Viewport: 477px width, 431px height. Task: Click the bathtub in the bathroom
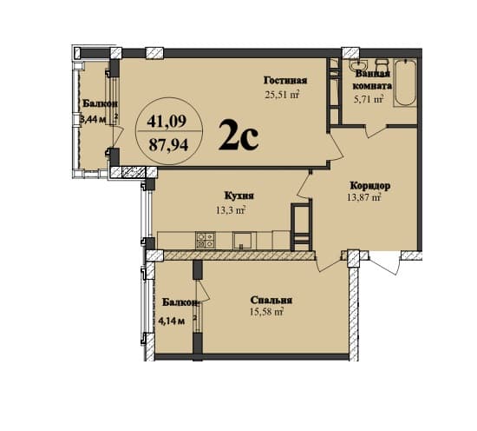click(x=404, y=83)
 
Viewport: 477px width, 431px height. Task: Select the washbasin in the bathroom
click(x=357, y=65)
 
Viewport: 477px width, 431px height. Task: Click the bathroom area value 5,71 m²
click(x=373, y=100)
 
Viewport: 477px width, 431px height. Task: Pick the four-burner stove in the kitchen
click(x=205, y=240)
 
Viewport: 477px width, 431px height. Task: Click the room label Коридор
click(x=369, y=186)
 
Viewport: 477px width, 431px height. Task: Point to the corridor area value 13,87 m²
click(x=363, y=199)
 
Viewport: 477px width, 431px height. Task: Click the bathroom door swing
click(x=376, y=129)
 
